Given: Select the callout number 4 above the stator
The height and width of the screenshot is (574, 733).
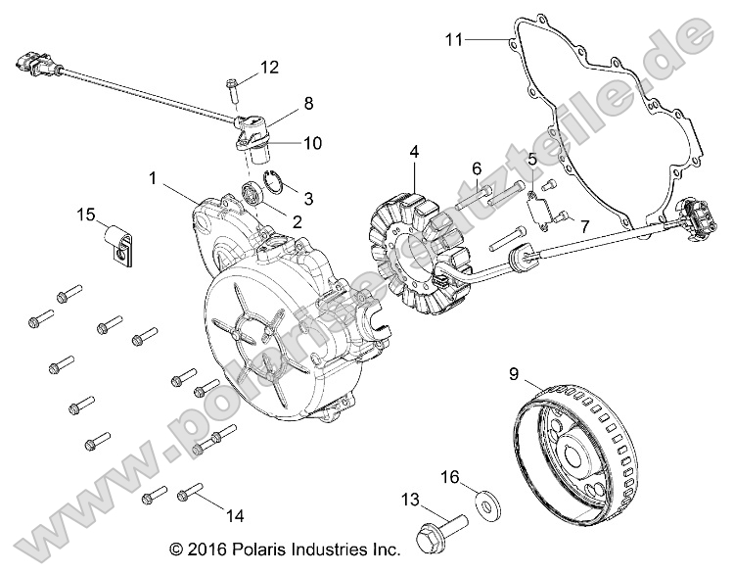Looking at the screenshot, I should point(415,153).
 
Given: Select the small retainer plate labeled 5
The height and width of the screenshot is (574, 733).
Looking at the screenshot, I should point(535,208).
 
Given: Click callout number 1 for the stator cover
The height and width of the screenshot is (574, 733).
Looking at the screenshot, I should point(152,178).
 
